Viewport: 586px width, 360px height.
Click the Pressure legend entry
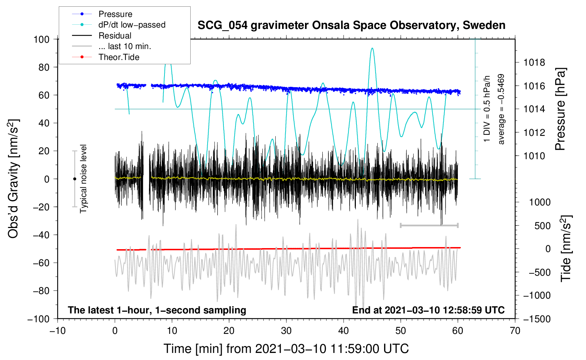coord(115,14)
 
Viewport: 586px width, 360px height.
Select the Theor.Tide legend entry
coord(119,57)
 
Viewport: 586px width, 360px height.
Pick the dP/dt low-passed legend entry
coord(132,25)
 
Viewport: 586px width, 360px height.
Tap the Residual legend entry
coord(115,36)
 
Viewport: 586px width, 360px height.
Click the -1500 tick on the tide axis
coord(537,319)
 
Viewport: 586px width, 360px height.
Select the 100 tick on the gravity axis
coord(41,39)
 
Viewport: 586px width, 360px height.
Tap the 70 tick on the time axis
coord(515,331)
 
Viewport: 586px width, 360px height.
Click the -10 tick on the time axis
coord(58,331)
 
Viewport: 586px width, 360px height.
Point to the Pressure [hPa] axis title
coord(560,109)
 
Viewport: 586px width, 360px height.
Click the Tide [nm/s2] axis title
coord(566,248)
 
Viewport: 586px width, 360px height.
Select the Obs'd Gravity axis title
coord(13,179)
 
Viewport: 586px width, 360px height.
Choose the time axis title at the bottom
coord(286,349)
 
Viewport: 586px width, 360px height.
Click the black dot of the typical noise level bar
coord(74,179)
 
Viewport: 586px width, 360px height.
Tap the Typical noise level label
coord(83,179)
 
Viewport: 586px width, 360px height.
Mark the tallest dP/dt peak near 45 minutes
coord(372,48)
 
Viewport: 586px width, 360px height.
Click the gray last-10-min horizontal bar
coord(429,225)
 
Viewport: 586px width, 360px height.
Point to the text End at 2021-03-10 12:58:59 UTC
coord(428,310)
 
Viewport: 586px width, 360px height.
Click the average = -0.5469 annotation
coord(501,109)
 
